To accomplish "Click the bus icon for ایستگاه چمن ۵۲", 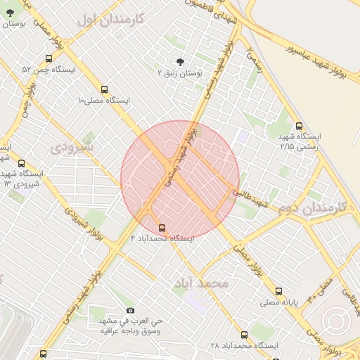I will [x=49, y=59].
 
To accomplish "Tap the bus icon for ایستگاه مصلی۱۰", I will [x=105, y=89].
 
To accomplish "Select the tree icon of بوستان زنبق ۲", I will [x=180, y=62].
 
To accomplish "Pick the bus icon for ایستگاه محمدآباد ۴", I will [x=162, y=228].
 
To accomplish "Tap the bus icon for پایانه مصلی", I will [x=279, y=291].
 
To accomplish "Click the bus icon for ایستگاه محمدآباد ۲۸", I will [x=244, y=335].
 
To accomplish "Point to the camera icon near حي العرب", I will [x=130, y=311].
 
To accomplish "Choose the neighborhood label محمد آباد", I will [x=200, y=283].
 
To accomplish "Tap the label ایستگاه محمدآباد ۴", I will [x=162, y=239].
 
